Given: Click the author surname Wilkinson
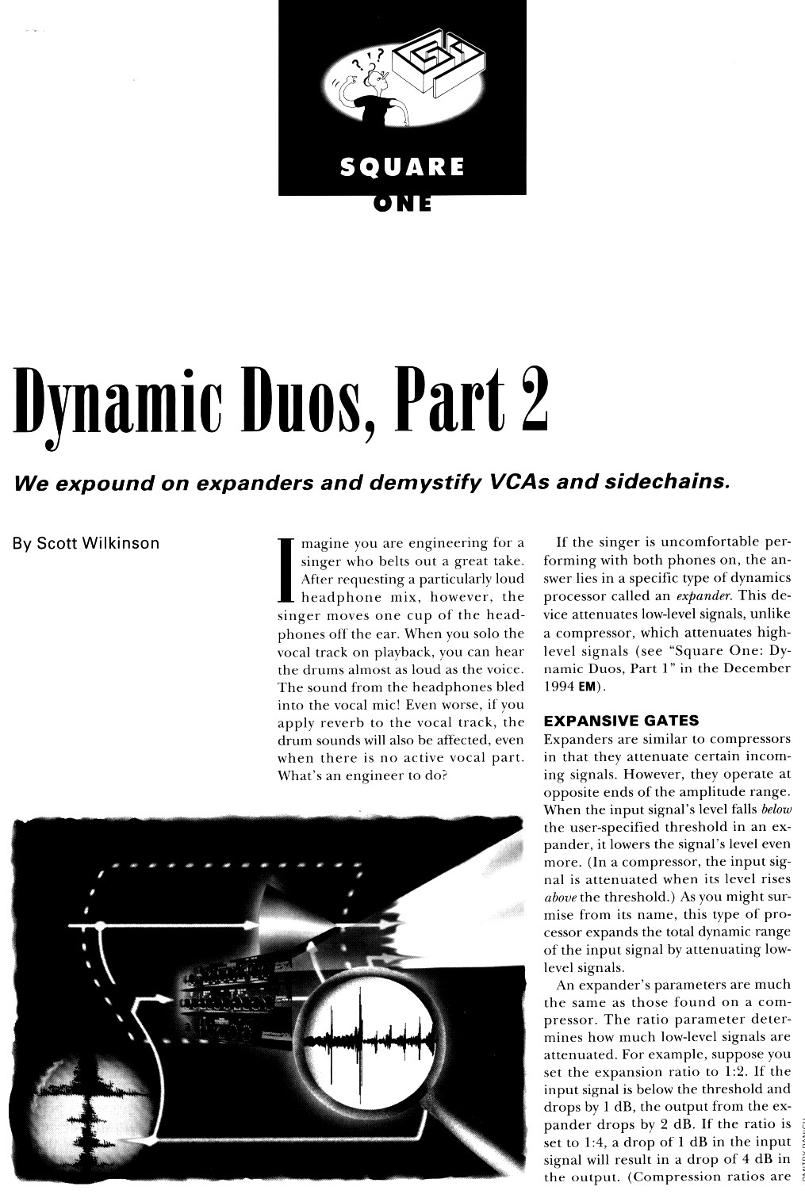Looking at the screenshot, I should coord(121,544).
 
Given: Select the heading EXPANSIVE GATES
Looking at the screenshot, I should coord(621,721).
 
